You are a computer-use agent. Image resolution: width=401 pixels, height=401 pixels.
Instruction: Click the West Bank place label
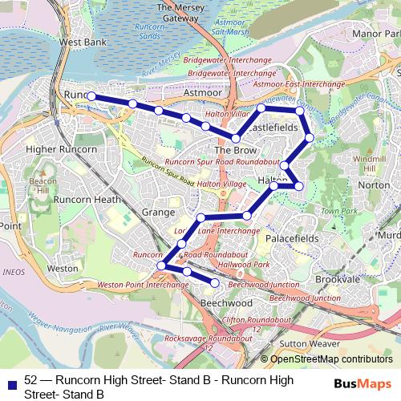coord(82,41)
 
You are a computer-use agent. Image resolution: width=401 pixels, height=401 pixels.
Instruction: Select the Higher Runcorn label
coord(62,149)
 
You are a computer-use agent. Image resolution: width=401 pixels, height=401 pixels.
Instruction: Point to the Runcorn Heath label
coord(87,199)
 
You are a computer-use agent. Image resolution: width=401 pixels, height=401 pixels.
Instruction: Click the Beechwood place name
coord(225,304)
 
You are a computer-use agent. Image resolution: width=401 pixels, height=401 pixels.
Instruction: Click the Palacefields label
coord(292,239)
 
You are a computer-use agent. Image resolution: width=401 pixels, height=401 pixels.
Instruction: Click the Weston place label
coord(63,269)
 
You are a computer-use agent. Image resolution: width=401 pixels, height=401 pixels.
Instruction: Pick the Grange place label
coord(157,213)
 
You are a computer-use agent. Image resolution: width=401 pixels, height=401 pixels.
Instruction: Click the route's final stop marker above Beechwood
coord(215,282)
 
